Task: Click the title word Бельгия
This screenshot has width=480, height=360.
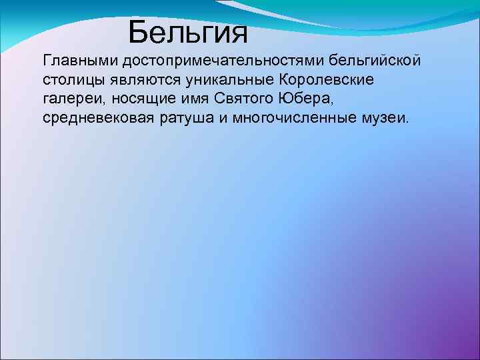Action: [x=188, y=31]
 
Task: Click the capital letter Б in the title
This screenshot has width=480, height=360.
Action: [x=138, y=31]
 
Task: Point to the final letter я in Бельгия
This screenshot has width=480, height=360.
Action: [x=238, y=32]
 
